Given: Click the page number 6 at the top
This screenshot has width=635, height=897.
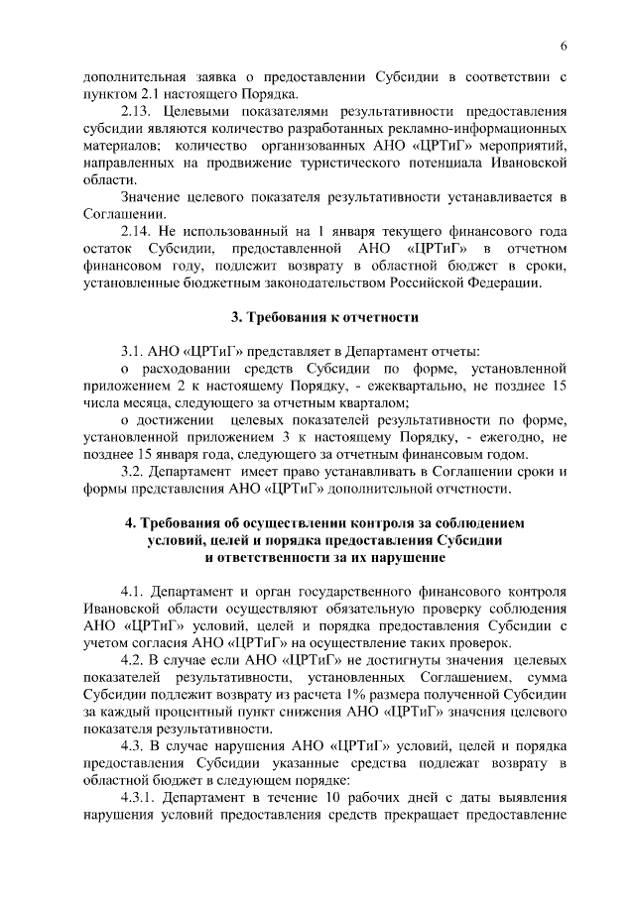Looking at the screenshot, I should [563, 47].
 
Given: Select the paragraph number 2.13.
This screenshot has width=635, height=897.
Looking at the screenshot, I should [137, 111].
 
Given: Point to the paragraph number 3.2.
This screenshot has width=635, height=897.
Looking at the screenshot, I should [134, 471].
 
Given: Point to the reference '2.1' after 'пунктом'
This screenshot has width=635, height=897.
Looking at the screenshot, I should [152, 94].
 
